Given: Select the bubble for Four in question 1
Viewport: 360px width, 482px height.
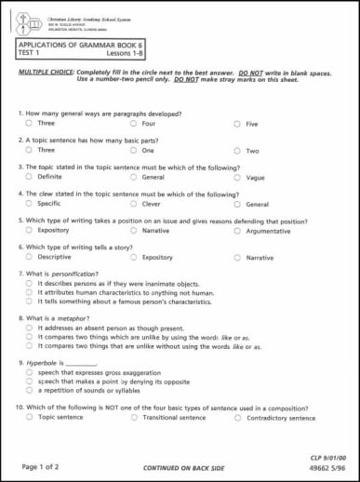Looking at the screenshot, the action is click(134, 124).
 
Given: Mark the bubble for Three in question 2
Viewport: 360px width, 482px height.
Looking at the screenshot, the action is click(29, 150).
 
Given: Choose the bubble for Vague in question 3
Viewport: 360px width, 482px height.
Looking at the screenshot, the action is click(238, 177).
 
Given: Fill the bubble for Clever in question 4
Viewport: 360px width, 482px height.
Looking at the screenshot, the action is click(134, 203).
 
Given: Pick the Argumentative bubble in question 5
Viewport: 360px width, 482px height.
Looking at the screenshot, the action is click(238, 231).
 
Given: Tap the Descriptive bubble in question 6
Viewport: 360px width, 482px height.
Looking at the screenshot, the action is click(29, 257).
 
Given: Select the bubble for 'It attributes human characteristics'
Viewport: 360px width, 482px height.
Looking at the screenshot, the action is click(29, 292).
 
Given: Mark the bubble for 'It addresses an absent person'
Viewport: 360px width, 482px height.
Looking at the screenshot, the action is click(29, 328).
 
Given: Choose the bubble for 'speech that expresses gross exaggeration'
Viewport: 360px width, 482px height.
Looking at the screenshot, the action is click(29, 372).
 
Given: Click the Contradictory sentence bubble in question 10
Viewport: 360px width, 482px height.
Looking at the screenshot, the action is click(238, 418).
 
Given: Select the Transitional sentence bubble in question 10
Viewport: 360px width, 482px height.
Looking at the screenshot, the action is click(134, 418).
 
